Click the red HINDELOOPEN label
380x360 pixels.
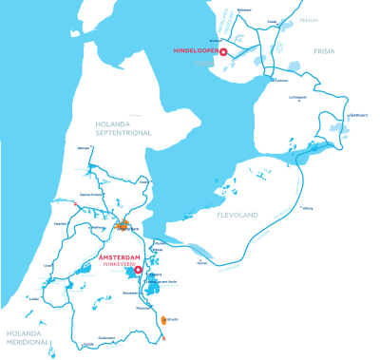click(x=196, y=49)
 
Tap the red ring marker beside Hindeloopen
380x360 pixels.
click(x=222, y=53)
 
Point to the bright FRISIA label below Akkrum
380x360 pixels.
click(x=326, y=51)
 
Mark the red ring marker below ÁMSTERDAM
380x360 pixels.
click(x=139, y=270)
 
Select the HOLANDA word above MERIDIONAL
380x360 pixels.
click(x=25, y=333)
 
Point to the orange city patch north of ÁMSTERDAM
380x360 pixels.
click(x=122, y=226)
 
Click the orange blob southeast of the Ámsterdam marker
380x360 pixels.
click(x=164, y=319)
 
